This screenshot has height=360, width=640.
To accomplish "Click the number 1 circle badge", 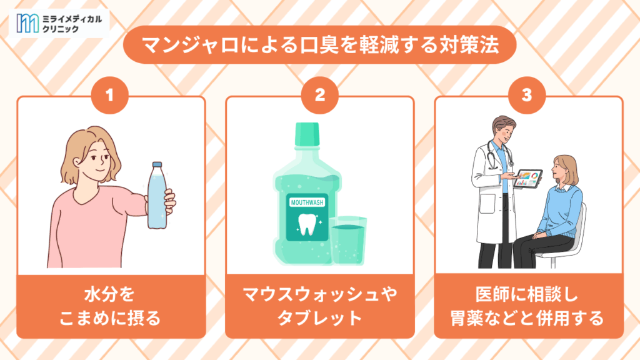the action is coord(109,95).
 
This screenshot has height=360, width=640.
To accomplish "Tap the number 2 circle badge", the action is coord(319,95).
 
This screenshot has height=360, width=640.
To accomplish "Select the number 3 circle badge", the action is coord(526,95).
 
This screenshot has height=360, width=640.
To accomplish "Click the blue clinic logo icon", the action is coord(27,23).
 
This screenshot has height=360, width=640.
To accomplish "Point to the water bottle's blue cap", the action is coord(157,165).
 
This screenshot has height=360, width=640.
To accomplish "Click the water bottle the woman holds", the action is coord(157,195).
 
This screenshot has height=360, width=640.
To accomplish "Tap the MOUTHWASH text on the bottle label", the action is coord(307,202).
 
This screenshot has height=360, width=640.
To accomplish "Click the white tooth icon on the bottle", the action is coord(307,224).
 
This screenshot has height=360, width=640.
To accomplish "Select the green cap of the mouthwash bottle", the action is coord(307,134).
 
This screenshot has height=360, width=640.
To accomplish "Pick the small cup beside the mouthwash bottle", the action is coord(347,241).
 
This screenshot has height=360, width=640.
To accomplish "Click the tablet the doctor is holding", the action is coord(527,179).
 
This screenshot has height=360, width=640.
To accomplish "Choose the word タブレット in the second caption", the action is coord(319,318).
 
